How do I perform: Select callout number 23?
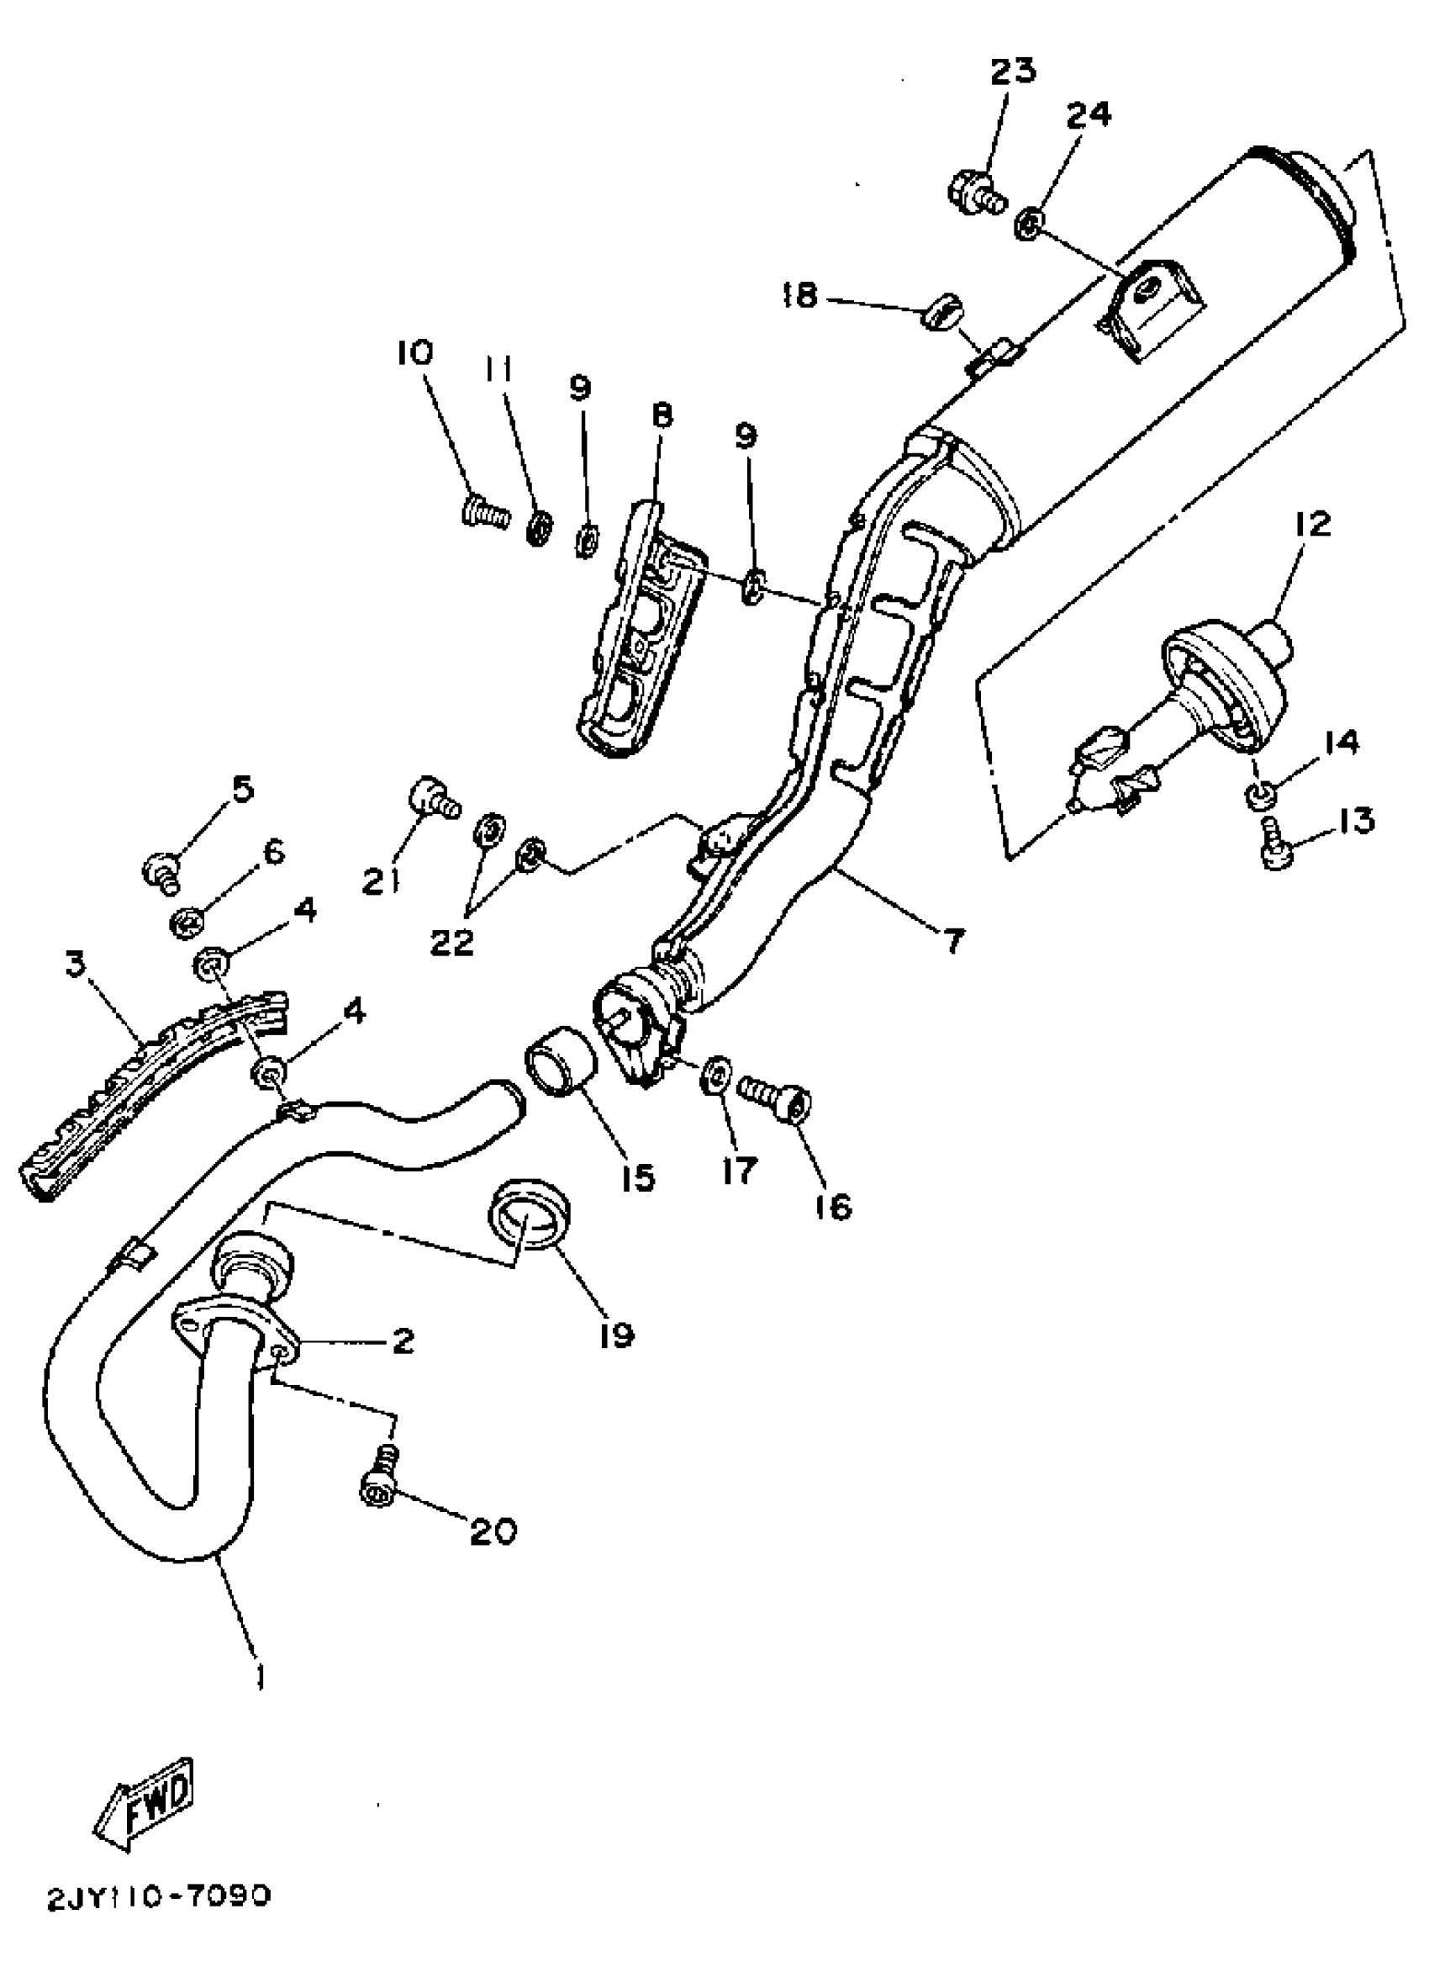coord(1013,70)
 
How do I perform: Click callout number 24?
coord(1089,114)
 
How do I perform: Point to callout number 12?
coord(1313,525)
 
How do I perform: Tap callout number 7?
coord(953,940)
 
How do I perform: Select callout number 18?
coord(799,296)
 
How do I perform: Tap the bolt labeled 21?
coord(434,796)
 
